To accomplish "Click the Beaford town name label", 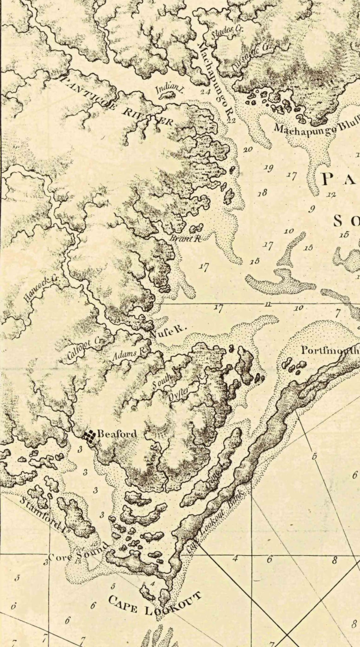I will pyautogui.click(x=117, y=434).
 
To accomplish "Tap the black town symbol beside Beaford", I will pyautogui.click(x=89, y=436).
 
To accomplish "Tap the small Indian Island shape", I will pyautogui.click(x=166, y=95).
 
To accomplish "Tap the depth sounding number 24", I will pyautogui.click(x=205, y=92).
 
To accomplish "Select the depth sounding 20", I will pyautogui.click(x=248, y=149).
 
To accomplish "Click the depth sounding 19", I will pyautogui.click(x=269, y=168).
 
